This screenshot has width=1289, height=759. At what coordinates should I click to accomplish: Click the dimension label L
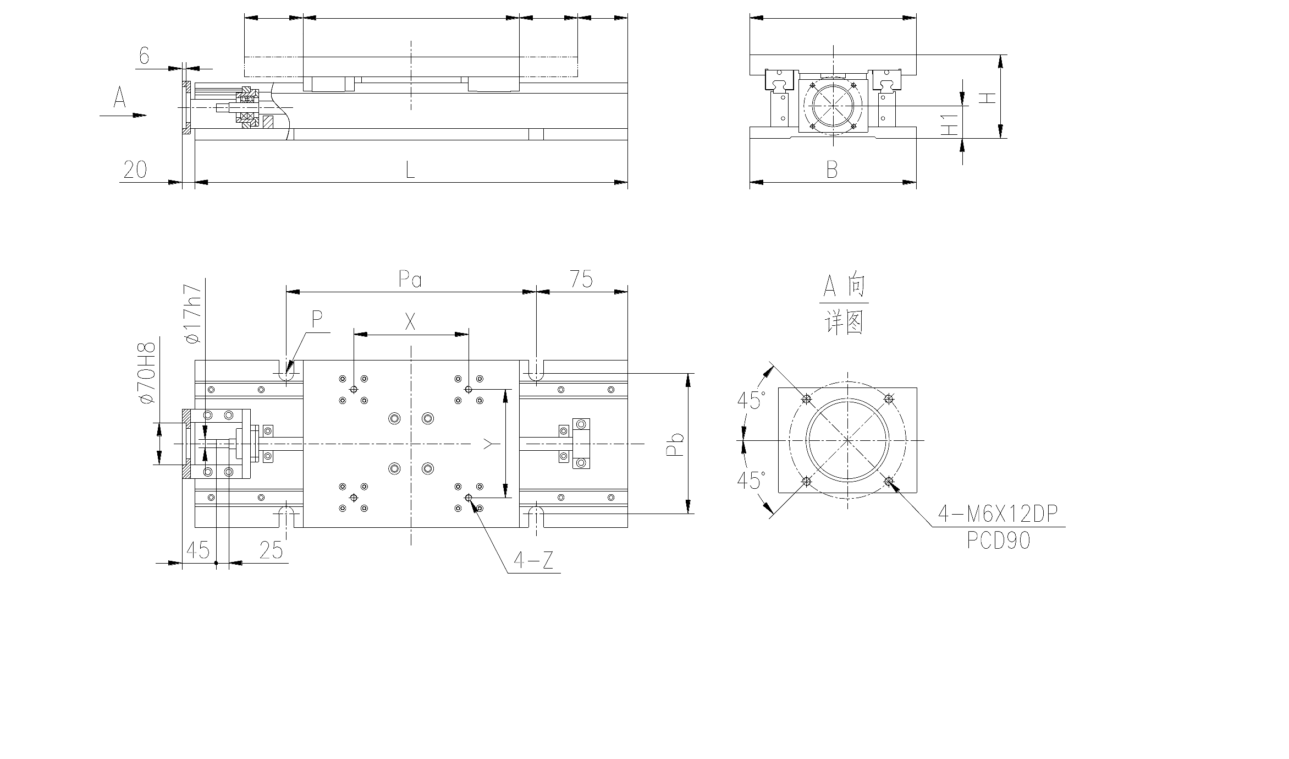[410, 170]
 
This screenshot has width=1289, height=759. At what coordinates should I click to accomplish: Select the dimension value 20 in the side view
[135, 170]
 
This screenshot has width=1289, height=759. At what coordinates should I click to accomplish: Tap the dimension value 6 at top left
[144, 56]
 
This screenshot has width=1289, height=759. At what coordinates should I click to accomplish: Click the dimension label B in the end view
[832, 170]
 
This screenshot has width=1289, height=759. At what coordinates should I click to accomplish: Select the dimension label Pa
[410, 280]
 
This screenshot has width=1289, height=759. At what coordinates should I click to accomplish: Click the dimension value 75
[581, 280]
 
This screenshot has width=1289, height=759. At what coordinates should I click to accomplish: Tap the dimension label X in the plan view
[410, 323]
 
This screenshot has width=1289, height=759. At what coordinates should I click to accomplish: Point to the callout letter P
[317, 319]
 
